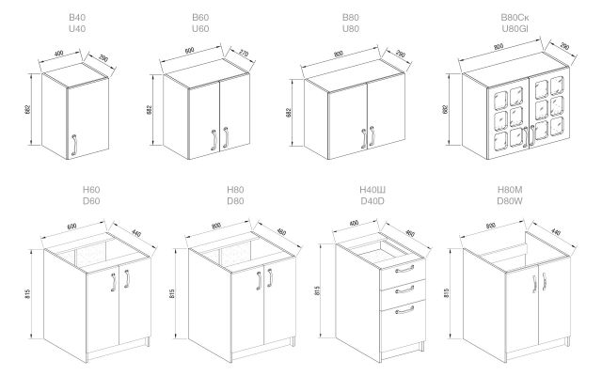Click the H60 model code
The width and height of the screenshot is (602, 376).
pyautogui.click(x=91, y=189)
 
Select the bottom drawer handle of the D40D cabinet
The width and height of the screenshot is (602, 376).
pyautogui.click(x=404, y=309)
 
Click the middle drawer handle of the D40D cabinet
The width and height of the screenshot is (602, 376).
pyautogui.click(x=404, y=289)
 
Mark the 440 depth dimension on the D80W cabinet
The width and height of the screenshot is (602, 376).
pyautogui.click(x=555, y=231)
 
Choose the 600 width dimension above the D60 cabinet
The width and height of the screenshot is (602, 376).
pyautogui.click(x=71, y=226)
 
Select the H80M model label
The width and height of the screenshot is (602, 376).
pyautogui.click(x=510, y=189)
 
